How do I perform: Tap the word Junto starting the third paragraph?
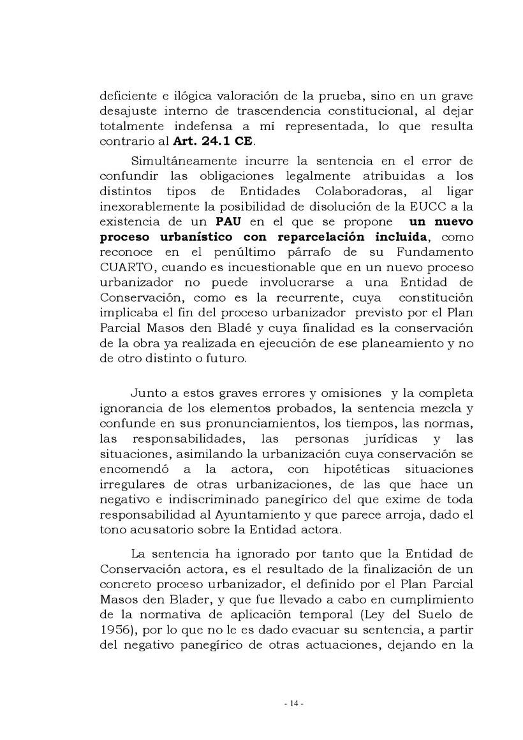point(148,392)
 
